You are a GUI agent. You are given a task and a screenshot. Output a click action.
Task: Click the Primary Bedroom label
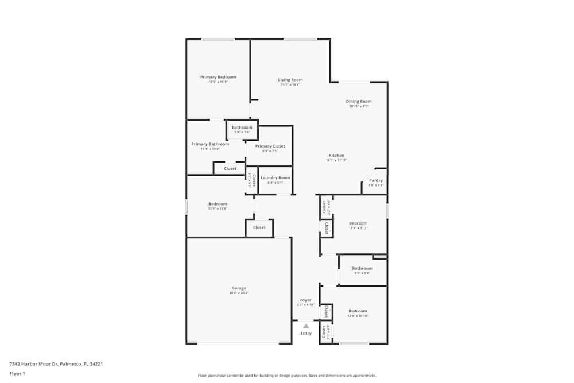(218, 77)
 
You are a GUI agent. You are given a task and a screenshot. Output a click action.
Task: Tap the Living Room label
(290, 80)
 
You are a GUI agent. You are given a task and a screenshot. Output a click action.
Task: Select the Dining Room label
(359, 102)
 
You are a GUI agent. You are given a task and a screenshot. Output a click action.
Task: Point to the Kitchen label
(336, 156)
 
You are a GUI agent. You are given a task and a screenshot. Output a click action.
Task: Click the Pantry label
(376, 180)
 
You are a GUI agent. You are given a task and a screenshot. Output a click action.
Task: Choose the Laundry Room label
(276, 178)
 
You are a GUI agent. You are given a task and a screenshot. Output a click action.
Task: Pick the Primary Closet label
(270, 146)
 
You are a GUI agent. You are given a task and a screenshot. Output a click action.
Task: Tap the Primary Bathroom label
(210, 144)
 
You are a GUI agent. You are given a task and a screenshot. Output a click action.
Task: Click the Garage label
(239, 288)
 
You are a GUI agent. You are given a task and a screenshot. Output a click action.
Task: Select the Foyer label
(305, 300)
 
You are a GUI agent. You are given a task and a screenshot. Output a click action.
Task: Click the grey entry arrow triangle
(306, 326)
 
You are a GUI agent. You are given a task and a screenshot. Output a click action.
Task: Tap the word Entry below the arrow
(306, 334)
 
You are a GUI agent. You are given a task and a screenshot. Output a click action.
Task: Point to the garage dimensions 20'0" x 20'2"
(239, 293)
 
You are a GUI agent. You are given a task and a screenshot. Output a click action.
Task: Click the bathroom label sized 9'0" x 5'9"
(362, 268)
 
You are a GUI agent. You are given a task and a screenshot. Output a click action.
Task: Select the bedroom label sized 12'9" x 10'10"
(358, 311)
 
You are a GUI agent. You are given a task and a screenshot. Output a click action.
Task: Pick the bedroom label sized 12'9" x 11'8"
(218, 204)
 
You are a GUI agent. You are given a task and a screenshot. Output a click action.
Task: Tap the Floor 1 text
(17, 373)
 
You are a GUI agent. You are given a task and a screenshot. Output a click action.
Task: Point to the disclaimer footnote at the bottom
(287, 375)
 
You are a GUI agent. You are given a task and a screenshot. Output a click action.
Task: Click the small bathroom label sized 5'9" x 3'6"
(242, 127)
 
